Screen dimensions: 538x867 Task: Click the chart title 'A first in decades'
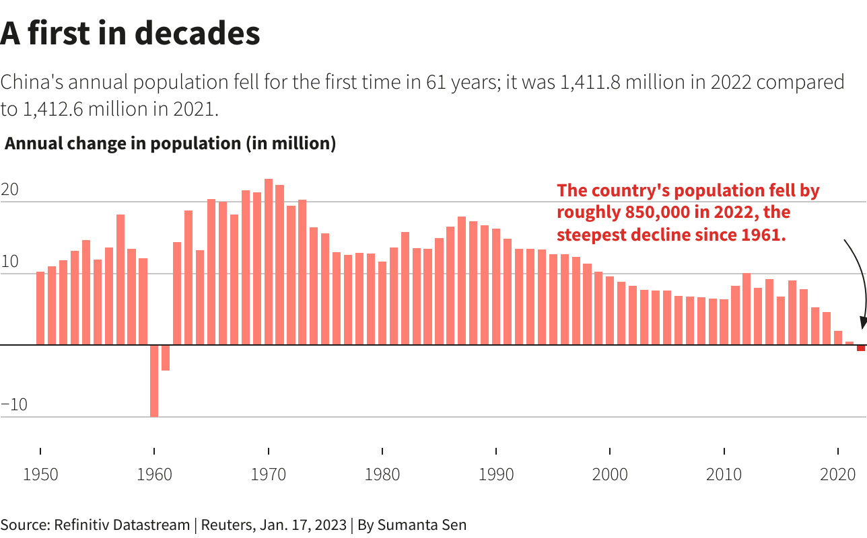pos(130,34)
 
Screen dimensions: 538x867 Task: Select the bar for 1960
pos(154,381)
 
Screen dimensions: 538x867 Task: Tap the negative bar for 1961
pos(166,358)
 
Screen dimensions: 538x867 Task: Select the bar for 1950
pos(40,308)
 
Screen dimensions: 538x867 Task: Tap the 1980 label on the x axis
pos(382,474)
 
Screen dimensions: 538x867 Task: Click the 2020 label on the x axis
pos(838,474)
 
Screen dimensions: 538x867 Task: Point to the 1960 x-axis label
pos(154,474)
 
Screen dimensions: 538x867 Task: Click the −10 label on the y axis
pos(14,405)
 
